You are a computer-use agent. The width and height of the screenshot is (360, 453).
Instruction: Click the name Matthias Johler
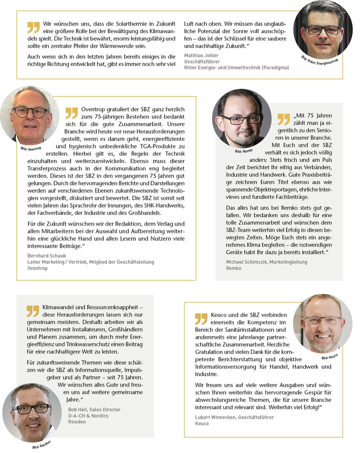click(x=201, y=55)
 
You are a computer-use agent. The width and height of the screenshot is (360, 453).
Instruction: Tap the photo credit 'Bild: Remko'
click(x=244, y=152)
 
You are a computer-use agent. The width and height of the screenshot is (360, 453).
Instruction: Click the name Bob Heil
click(x=77, y=409)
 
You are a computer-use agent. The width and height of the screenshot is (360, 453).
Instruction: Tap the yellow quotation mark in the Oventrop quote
click(x=71, y=113)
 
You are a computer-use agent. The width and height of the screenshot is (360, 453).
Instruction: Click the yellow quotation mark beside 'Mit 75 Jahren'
click(x=284, y=119)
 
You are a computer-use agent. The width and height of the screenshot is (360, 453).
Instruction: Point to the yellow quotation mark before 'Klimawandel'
click(x=33, y=311)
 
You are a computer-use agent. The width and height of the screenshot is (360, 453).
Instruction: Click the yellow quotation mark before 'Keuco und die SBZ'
click(x=201, y=318)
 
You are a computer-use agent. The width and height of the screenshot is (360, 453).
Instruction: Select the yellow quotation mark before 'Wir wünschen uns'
click(x=33, y=27)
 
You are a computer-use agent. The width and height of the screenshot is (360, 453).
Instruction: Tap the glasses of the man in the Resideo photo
click(x=31, y=409)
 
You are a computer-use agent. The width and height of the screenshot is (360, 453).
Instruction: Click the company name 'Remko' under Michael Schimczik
click(x=234, y=268)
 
